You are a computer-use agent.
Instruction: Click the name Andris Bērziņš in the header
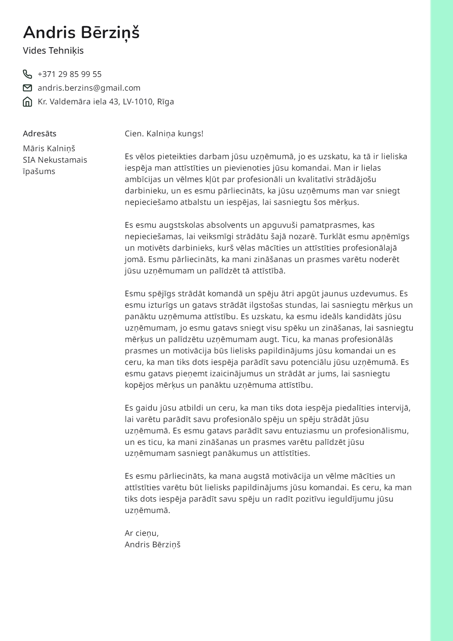(x=81, y=33)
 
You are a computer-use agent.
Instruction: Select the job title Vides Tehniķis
(x=53, y=51)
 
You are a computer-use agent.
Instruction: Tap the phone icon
(x=27, y=74)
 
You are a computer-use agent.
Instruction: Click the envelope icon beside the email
(x=27, y=88)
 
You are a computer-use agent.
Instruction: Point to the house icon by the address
(x=27, y=102)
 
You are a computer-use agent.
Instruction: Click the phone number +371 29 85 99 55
(x=70, y=74)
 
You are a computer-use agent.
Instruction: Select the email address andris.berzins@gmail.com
(x=89, y=88)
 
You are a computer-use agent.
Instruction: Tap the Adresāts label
(x=40, y=134)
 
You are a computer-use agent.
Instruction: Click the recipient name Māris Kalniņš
(x=49, y=149)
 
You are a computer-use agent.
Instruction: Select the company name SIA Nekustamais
(x=55, y=160)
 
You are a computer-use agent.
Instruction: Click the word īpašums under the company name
(x=39, y=171)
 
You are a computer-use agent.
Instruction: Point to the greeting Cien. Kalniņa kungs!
(x=164, y=134)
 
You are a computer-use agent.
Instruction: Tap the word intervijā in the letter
(x=394, y=408)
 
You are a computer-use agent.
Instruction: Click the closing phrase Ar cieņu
(x=142, y=533)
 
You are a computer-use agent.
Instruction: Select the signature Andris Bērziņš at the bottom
(x=152, y=545)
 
